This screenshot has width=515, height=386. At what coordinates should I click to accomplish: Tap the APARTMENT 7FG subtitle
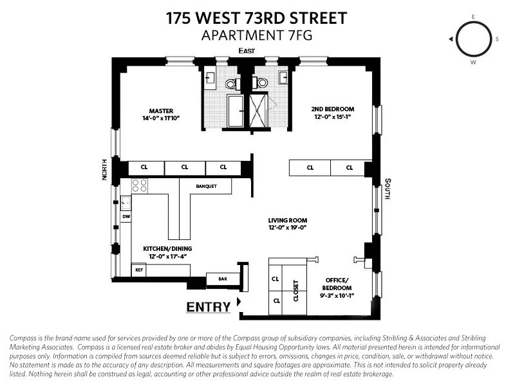pyautogui.click(x=257, y=35)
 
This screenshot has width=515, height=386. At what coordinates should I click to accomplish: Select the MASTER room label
pyautogui.click(x=161, y=111)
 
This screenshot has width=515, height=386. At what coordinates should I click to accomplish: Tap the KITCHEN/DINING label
pyautogui.click(x=167, y=248)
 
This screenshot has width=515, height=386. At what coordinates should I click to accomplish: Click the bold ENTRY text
pyautogui.click(x=208, y=308)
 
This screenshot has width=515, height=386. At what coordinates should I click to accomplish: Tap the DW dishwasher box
pyautogui.click(x=126, y=217)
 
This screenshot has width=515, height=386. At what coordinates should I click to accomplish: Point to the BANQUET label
pyautogui.click(x=205, y=187)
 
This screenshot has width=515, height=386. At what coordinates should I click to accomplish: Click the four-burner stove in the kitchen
pyautogui.click(x=140, y=186)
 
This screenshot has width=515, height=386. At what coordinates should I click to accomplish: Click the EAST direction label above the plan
pyautogui.click(x=247, y=51)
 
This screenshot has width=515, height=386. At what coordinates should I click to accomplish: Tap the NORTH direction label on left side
pyautogui.click(x=104, y=169)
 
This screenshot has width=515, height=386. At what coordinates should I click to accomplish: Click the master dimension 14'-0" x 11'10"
pyautogui.click(x=161, y=118)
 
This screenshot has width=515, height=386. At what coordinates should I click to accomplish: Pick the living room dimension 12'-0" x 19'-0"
pyautogui.click(x=286, y=227)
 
